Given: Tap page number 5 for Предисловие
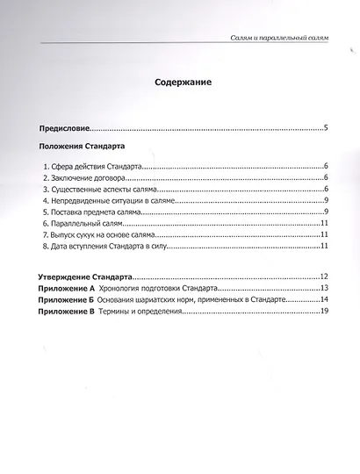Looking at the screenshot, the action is [x=326, y=128].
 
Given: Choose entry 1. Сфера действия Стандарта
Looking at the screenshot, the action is [x=91, y=165].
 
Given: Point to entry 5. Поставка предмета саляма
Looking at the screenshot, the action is [x=94, y=212].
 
